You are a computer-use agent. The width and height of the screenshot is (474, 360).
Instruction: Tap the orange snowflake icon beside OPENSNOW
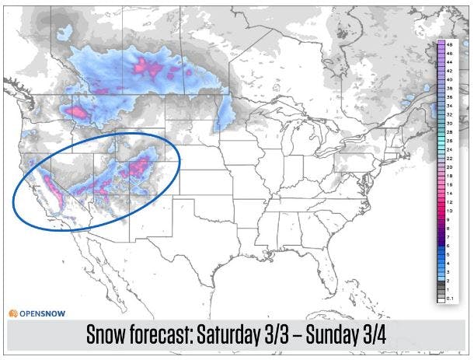(13, 313)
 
